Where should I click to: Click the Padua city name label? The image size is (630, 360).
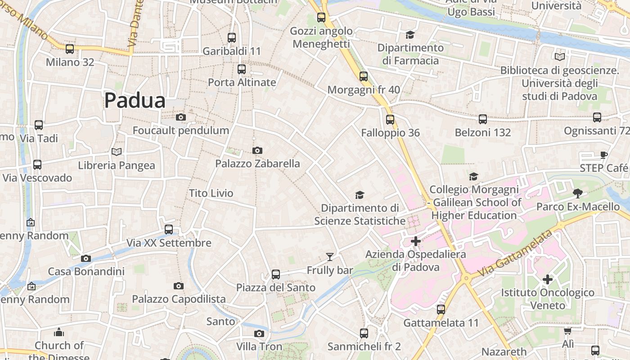[135, 100]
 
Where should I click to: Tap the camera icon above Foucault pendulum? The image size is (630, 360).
[181, 117]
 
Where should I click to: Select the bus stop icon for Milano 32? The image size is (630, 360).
[70, 49]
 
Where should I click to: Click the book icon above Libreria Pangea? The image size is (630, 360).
[117, 152]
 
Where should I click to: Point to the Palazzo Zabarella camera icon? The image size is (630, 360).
[257, 151]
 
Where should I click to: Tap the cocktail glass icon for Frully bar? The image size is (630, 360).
[330, 257]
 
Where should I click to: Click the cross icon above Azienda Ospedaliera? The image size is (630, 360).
[416, 241]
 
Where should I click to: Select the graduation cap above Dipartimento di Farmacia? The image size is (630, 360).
[410, 35]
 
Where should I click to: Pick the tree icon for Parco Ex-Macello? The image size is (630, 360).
[578, 193]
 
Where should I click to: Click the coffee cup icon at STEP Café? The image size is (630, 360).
[604, 155]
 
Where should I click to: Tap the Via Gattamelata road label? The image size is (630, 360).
[515, 254]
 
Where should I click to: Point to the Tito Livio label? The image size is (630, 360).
[211, 193]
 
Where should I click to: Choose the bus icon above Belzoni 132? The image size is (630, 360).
[483, 119]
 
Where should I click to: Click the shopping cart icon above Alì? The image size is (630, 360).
[568, 331]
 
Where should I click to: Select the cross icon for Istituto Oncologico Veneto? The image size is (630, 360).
[548, 279]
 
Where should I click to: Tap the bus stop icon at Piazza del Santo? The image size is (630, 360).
[276, 274]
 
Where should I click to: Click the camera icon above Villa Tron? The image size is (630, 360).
[259, 333]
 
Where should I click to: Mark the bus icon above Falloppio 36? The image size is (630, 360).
[390, 120]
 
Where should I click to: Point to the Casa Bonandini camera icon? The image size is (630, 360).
[86, 258]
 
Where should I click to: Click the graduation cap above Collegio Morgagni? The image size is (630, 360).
[473, 176]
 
